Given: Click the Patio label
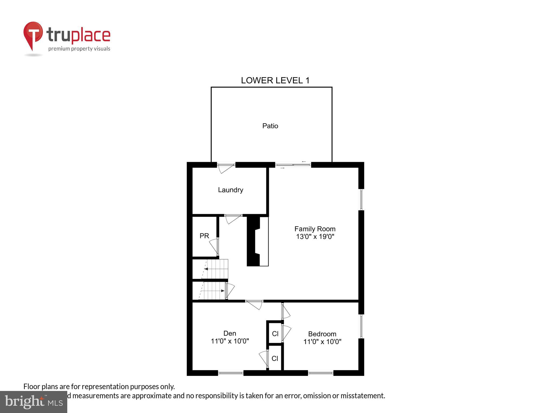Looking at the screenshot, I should [270, 126].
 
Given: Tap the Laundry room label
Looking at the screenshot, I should [231, 190].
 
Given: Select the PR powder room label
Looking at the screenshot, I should [204, 236].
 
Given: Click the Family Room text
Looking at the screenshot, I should [315, 229].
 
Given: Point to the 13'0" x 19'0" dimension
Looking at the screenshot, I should [315, 237].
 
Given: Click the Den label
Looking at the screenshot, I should [230, 333].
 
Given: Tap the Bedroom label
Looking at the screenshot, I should [322, 334].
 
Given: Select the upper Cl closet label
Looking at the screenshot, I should [275, 334].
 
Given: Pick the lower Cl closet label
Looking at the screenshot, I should [275, 358].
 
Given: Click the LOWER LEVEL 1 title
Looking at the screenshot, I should [275, 80].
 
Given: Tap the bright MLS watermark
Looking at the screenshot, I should [34, 402].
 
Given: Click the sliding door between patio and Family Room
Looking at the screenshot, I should [293, 165].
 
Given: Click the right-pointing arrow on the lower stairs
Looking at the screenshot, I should [222, 291].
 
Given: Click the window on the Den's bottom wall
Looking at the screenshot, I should [231, 373].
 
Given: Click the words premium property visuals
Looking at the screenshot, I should [79, 49].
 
